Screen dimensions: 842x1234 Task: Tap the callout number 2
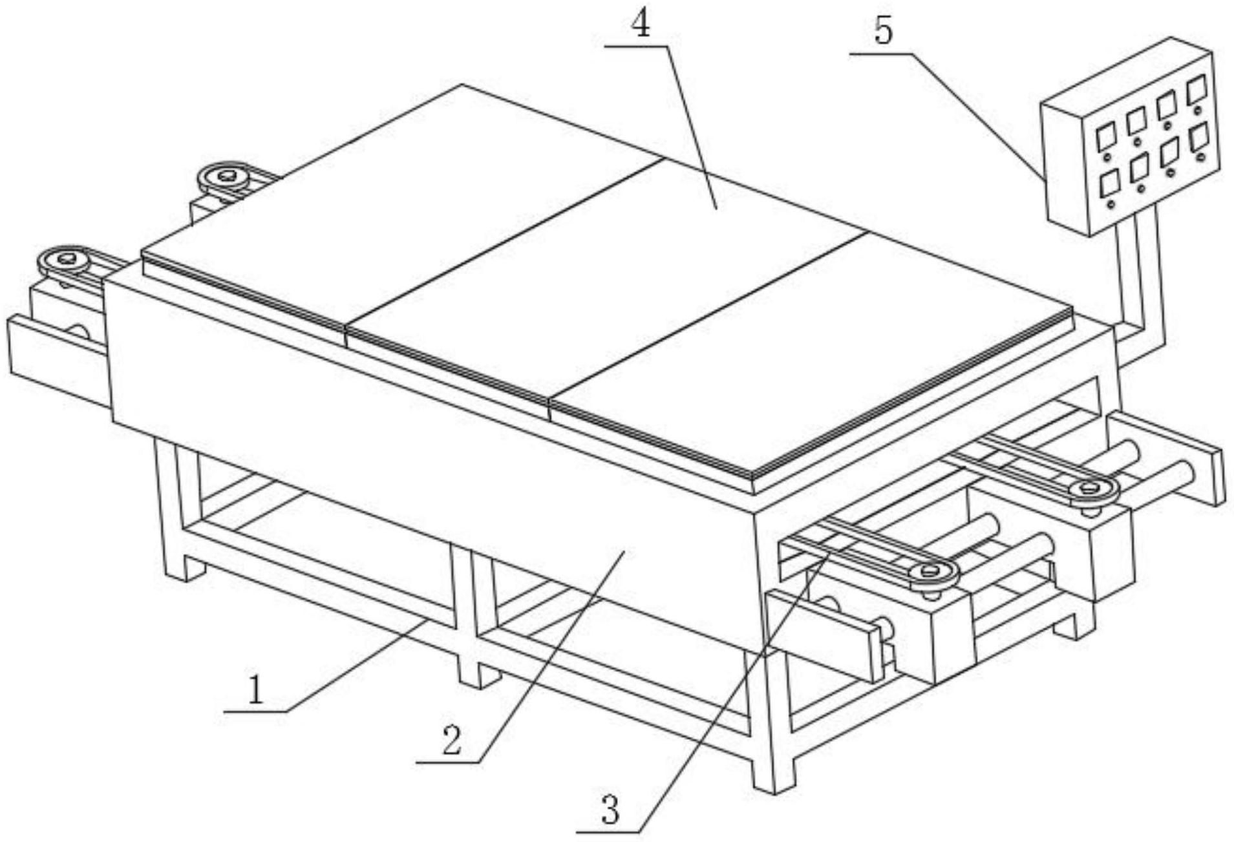452,740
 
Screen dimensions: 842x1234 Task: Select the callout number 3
610,809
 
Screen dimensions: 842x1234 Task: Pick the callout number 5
883,30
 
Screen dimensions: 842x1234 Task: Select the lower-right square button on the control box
1200,137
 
